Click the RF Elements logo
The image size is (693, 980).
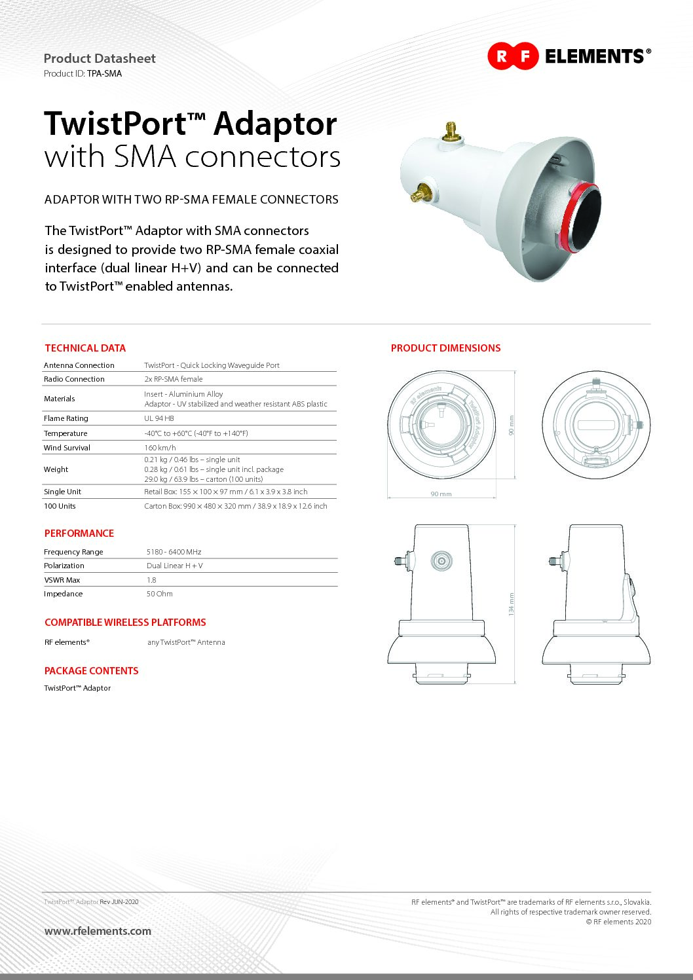pos(569,56)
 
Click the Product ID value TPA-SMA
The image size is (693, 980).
pos(104,73)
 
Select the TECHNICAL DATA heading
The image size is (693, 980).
pos(85,348)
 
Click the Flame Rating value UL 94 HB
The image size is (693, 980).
pos(159,418)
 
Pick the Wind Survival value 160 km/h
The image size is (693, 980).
pos(160,448)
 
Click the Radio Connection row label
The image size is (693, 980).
pos(74,379)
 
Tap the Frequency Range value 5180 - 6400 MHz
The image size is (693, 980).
pos(174,552)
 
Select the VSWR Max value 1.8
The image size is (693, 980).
pos(151,580)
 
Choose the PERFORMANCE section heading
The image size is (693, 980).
pos(79,534)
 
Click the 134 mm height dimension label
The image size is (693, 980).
pos(512,604)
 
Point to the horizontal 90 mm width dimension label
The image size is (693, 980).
pos(441,494)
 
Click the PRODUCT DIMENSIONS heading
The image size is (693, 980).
pos(445,348)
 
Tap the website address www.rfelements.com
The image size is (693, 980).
pos(98,931)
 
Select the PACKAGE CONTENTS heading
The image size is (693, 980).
pos(91,671)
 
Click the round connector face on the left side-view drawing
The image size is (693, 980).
pos(441,560)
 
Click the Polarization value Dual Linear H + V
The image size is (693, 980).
pos(175,566)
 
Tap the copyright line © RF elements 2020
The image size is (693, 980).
pos(618,922)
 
